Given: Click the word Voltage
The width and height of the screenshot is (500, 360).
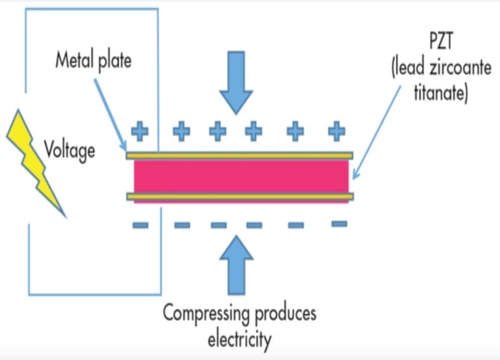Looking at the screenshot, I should click(70, 150).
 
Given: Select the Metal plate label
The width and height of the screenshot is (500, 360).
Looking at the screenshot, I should click(93, 61).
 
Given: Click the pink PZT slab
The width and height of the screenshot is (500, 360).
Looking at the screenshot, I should click(241, 176).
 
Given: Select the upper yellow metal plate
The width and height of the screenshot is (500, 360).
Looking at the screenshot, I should click(241, 156).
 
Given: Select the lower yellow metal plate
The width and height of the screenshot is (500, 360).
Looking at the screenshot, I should click(241, 197).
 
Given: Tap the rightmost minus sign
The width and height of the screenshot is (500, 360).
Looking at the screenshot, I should click(339, 224).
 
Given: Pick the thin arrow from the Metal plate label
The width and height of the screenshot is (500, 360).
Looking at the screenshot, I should click(111, 111).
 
